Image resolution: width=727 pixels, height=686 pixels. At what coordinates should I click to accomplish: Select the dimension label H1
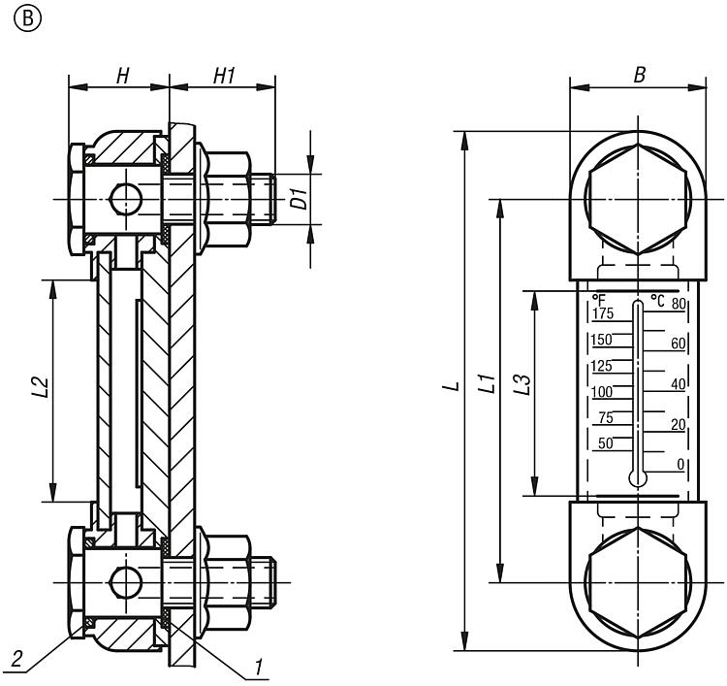(x=225, y=76)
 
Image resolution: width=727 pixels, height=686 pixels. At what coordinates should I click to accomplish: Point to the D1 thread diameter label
(x=301, y=200)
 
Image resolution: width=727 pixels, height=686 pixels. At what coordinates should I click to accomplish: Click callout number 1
(x=259, y=668)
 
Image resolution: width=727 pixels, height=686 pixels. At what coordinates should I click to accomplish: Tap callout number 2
(x=16, y=660)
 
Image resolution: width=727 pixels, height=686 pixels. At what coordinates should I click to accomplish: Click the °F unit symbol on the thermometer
(x=599, y=300)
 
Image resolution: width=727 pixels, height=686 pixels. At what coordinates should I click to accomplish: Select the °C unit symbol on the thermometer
(x=657, y=300)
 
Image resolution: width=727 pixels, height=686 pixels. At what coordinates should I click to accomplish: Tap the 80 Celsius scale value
(x=679, y=304)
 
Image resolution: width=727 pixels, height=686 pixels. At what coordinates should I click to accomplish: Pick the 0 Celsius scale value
(x=680, y=465)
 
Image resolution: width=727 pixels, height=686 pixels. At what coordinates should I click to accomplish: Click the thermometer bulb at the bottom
(x=636, y=477)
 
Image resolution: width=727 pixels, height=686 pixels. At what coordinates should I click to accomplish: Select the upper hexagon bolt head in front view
(x=637, y=201)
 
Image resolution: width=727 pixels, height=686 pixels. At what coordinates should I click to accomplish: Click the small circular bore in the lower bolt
(x=125, y=583)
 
